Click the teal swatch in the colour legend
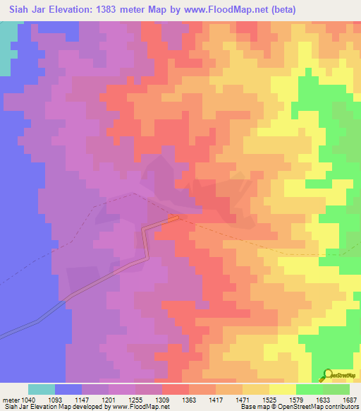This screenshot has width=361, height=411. (x=42, y=389)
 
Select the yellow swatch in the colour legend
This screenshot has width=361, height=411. (x=282, y=389)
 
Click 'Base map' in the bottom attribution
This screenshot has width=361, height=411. (x=252, y=407)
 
